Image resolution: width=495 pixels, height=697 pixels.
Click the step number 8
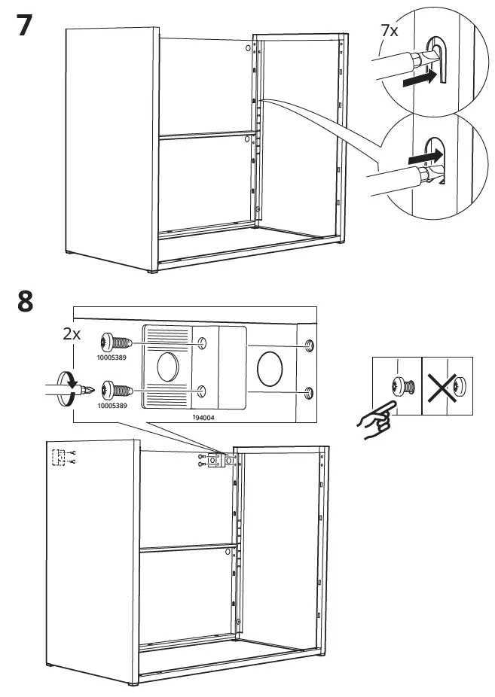(x=25, y=304)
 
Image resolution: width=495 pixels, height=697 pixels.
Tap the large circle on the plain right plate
(x=270, y=368)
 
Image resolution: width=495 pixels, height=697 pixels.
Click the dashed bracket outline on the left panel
(x=58, y=457)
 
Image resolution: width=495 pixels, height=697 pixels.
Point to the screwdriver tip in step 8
(x=91, y=391)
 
